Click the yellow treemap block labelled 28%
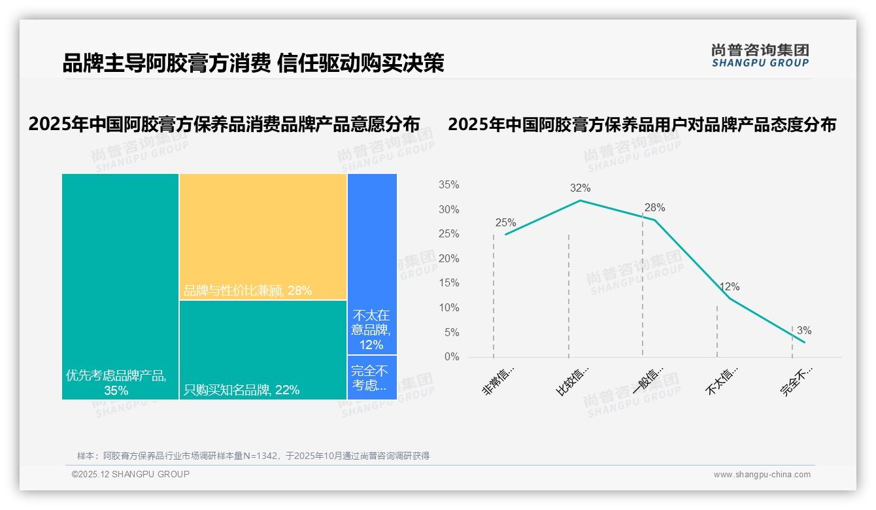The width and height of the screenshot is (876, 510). (x=263, y=236)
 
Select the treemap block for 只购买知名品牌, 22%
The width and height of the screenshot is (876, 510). (x=263, y=350)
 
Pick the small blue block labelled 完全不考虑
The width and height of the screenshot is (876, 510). (x=372, y=377)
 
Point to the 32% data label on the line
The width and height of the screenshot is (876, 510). (x=580, y=188)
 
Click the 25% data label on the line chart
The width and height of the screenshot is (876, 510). (x=505, y=222)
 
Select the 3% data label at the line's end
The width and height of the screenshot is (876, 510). (x=804, y=331)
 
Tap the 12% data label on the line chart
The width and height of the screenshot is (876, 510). (x=729, y=287)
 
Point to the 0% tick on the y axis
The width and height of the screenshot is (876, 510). (x=451, y=357)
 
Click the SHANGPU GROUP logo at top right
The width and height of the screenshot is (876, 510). (x=760, y=56)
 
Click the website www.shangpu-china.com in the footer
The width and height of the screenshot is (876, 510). (x=762, y=475)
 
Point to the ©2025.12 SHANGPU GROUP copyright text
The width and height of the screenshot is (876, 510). (x=130, y=474)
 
